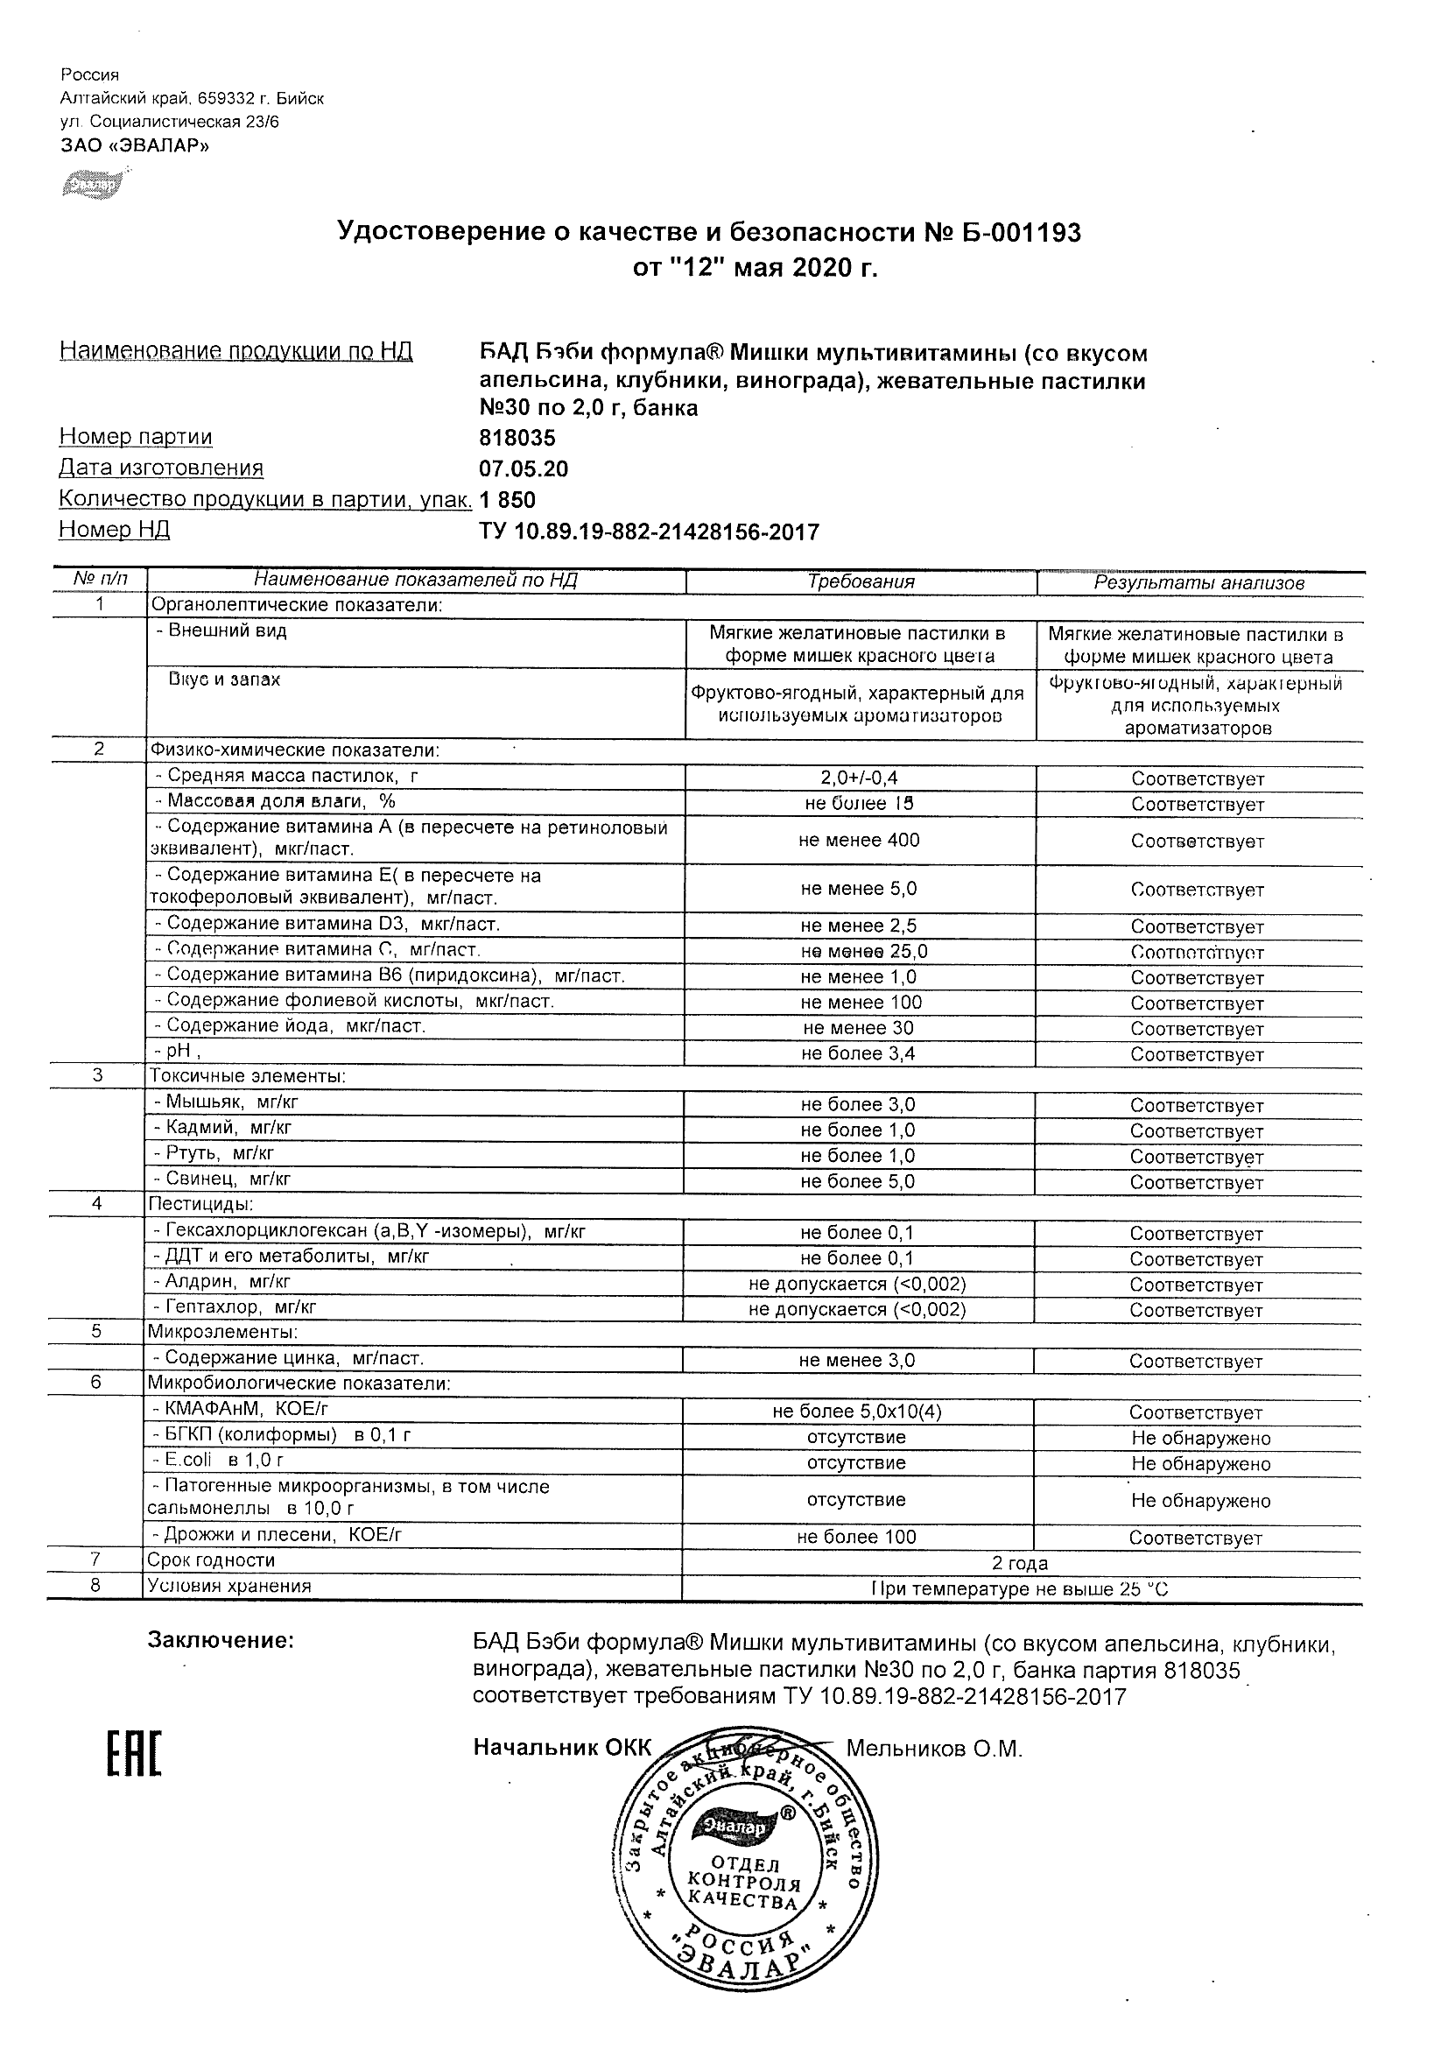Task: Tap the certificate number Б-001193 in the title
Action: coord(1013,233)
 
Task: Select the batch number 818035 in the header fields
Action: coord(517,438)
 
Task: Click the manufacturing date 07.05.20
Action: coord(523,469)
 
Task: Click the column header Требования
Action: coord(860,581)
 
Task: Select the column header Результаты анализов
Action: coord(1198,584)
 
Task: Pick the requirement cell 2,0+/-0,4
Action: coord(859,778)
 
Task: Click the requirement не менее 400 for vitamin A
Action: coord(859,841)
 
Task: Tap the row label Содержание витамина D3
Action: coord(327,924)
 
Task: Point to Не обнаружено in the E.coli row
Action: coord(1200,1463)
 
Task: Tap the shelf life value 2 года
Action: coord(1020,1564)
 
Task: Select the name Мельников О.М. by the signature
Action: coord(933,1750)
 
